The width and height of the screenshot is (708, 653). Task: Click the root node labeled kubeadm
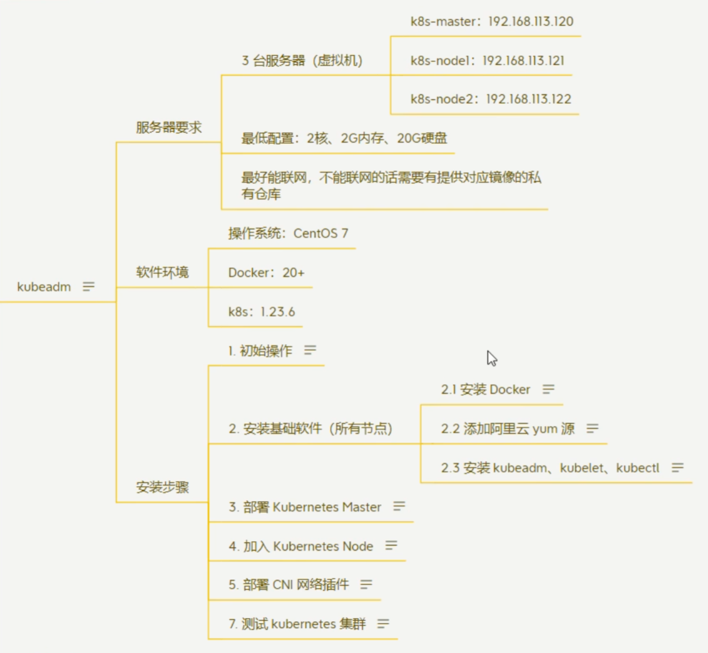(44, 287)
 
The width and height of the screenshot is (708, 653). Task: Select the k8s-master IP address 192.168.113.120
(531, 21)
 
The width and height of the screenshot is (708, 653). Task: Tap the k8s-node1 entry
(487, 61)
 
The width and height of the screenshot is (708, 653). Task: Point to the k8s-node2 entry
(491, 99)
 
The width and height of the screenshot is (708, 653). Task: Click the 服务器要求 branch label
(169, 127)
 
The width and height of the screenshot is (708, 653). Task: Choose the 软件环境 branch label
(163, 272)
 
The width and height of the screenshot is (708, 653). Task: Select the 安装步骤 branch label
(163, 487)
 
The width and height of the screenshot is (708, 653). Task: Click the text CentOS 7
(321, 233)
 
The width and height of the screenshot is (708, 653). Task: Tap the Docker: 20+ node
(267, 273)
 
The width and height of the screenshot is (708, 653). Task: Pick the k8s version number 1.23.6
(278, 312)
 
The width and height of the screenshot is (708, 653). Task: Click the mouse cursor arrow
(491, 359)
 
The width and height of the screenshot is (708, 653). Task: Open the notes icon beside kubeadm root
(88, 286)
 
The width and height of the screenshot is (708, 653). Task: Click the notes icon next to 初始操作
(310, 350)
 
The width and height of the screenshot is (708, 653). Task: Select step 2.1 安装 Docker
(485, 390)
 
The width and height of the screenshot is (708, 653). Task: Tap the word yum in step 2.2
(545, 429)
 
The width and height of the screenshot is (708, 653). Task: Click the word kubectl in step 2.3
(637, 468)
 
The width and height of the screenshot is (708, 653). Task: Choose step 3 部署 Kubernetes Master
(305, 507)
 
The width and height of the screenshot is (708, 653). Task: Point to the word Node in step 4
(358, 547)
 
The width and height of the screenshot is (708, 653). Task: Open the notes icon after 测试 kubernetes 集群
(383, 624)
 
